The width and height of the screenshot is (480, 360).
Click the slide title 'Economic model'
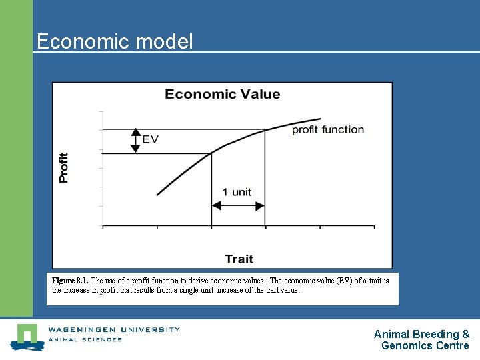tap(114, 41)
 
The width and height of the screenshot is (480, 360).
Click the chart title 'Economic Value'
tap(222, 94)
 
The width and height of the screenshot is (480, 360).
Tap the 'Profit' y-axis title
tap(64, 167)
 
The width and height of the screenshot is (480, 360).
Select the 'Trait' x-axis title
tap(239, 259)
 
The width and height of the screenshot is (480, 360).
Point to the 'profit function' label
tap(327, 129)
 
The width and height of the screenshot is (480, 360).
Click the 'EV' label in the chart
tap(151, 139)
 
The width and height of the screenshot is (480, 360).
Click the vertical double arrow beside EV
tap(135, 141)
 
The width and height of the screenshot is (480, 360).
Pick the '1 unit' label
tap(237, 192)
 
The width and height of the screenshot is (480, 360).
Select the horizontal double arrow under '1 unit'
tap(238, 207)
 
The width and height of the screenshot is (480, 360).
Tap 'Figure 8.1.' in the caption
tap(70, 281)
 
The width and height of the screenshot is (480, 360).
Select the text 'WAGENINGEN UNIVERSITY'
tap(114, 329)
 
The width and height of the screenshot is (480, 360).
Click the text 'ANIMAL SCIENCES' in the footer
tap(85, 339)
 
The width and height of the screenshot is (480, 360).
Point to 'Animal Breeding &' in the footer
tap(421, 334)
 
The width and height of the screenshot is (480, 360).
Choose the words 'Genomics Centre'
tap(425, 345)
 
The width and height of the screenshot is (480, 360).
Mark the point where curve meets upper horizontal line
tap(265, 129)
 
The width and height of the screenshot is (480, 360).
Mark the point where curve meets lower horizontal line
tap(211, 153)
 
